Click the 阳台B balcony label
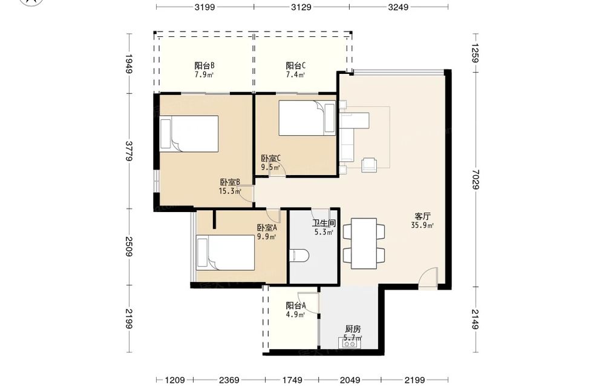click(x=204, y=65)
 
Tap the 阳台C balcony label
click(x=296, y=65)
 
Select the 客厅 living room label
click(x=423, y=216)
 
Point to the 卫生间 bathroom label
click(x=324, y=224)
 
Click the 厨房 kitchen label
click(x=353, y=329)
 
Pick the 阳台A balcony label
click(x=296, y=305)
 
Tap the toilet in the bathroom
click(x=299, y=255)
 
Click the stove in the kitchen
click(x=350, y=343)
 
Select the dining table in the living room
click(x=364, y=244)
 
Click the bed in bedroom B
click(x=189, y=134)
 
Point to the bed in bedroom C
click(x=307, y=118)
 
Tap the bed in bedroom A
click(x=226, y=253)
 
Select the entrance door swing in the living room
click(x=428, y=278)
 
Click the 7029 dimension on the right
click(x=475, y=179)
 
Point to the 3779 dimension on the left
click(x=129, y=151)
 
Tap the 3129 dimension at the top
click(x=301, y=7)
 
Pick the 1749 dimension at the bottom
click(x=292, y=380)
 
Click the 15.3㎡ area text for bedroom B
click(x=230, y=191)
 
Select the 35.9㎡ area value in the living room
click(x=423, y=225)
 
